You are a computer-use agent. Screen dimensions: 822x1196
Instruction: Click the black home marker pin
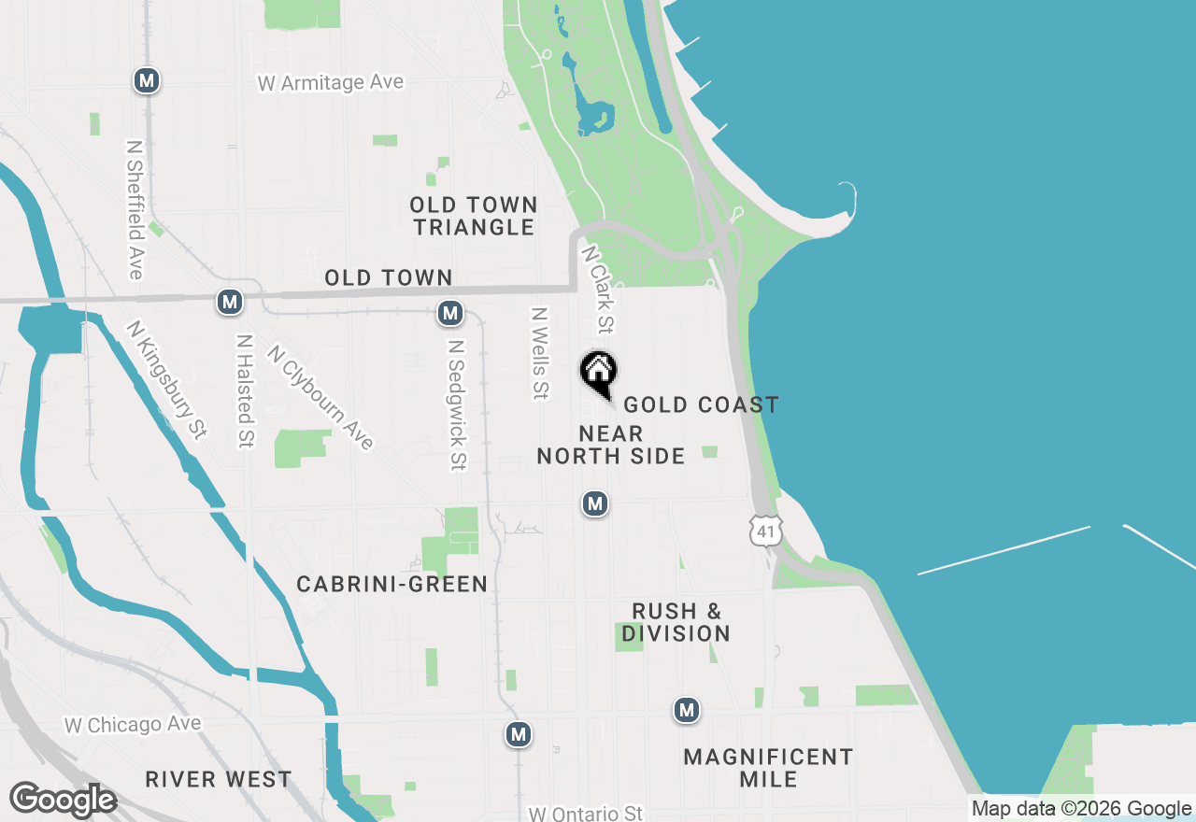[x=599, y=373]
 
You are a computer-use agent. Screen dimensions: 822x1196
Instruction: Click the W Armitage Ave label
[x=331, y=83]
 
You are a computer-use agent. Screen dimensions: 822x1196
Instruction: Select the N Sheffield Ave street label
[x=135, y=210]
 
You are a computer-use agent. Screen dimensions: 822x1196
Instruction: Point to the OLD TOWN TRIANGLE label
[x=475, y=216]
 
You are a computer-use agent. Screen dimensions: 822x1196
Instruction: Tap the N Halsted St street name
[x=245, y=391]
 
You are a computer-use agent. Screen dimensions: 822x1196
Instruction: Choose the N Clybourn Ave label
[x=320, y=397]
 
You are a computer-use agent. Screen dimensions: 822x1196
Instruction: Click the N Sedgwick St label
[x=456, y=404]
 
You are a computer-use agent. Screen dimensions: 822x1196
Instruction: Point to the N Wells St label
[x=538, y=354]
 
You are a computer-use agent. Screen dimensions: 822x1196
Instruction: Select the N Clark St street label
[x=598, y=290]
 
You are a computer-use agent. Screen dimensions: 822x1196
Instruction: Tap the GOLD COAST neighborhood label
[x=701, y=404]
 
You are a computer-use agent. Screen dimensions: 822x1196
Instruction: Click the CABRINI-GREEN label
[x=392, y=585]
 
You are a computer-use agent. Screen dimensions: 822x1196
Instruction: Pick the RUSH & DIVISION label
[x=676, y=622]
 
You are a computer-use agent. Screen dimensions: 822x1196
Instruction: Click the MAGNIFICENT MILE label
[x=768, y=768]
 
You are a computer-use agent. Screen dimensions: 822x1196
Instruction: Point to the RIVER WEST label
[x=219, y=779]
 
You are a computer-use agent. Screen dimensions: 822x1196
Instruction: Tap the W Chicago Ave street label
[x=133, y=725]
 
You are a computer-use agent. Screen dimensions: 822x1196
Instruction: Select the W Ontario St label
[x=585, y=814]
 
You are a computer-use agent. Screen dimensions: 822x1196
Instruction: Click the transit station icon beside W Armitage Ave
[x=146, y=80]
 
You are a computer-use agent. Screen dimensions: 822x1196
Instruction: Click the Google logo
[x=63, y=800]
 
